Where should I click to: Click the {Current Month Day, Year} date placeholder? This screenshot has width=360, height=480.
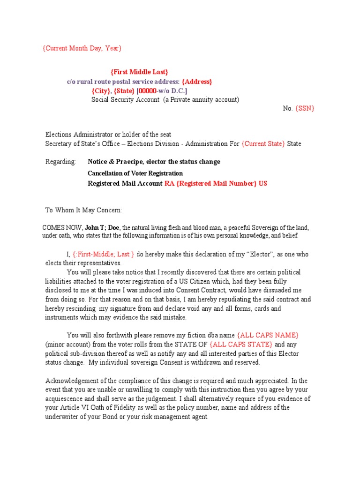(82, 48)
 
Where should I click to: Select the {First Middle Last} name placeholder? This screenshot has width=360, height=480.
(139, 72)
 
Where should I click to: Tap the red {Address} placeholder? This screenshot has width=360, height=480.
(197, 81)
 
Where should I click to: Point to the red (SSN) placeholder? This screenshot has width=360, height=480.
(305, 108)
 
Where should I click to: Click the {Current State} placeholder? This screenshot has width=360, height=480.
(263, 143)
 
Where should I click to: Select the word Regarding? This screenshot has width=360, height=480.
(60, 162)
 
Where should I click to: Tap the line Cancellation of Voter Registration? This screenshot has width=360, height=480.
(135, 173)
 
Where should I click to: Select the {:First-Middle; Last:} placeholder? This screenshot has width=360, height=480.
(103, 254)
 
